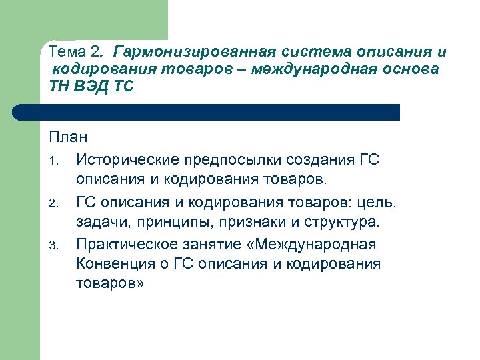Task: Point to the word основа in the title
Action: click(x=410, y=70)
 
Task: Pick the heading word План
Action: click(x=68, y=138)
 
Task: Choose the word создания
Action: click(x=319, y=160)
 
